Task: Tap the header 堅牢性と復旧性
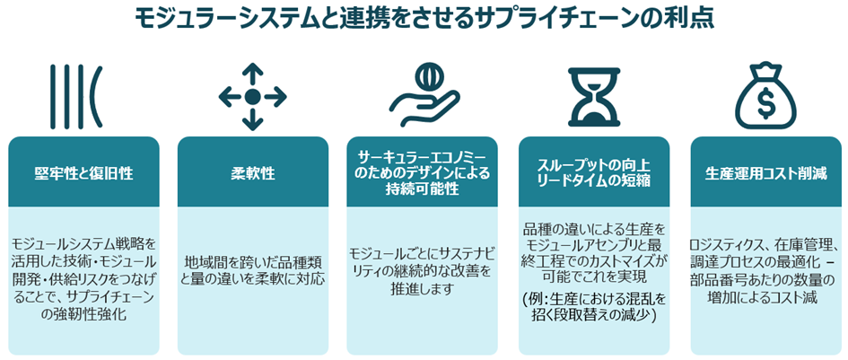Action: pos(85,173)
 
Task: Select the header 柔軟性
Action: pos(252,173)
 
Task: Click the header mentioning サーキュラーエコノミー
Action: pos(423,173)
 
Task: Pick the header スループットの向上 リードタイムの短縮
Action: pos(592,173)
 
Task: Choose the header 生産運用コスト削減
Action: pos(763,173)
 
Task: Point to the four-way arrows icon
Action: pos(252,96)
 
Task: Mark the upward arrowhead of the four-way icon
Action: pos(252,69)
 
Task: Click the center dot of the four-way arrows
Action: pos(252,96)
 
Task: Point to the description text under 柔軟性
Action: pos(252,269)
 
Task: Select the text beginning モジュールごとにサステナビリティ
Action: pos(423,269)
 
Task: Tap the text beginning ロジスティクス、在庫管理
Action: pos(763,270)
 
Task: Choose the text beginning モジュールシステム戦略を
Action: pos(85,278)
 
